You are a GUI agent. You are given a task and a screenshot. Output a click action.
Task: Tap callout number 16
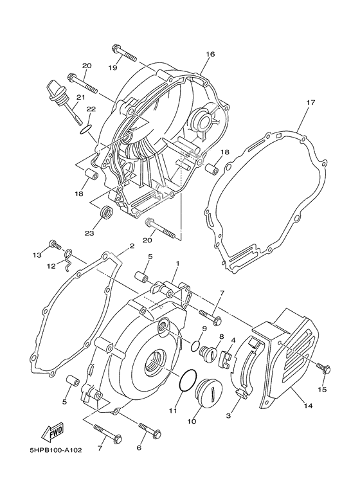point(210,55)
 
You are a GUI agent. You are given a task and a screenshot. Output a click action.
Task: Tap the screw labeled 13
point(55,246)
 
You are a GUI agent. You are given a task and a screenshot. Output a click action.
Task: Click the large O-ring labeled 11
point(186,381)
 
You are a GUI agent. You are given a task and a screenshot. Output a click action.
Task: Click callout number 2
point(132,246)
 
